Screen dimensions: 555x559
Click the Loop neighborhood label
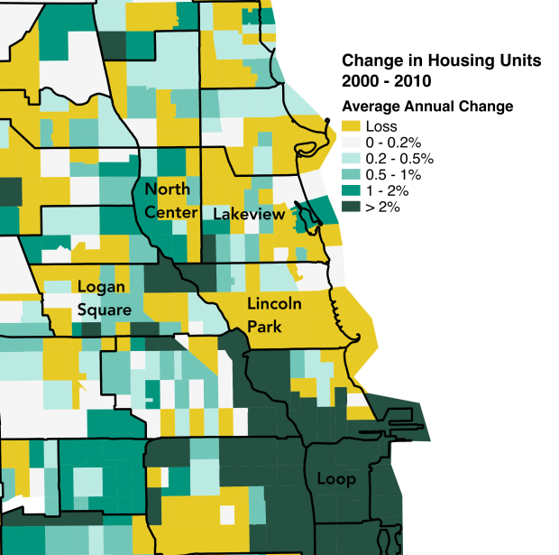point(335,479)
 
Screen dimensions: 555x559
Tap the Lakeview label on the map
point(249,215)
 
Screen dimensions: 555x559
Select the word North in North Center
point(167,190)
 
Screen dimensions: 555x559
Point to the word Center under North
point(171,212)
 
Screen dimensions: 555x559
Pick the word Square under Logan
point(104,310)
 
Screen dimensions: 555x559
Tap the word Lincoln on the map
point(273,303)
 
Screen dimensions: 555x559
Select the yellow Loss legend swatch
point(352,127)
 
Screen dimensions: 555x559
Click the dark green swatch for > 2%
point(352,207)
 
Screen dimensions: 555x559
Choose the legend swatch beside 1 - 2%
point(352,191)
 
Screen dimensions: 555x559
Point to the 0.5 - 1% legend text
point(397,175)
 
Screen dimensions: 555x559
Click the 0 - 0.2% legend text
point(396,143)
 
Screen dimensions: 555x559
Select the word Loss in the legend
point(380,127)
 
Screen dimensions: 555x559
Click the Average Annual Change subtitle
point(427,106)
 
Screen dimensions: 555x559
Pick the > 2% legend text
point(383,207)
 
